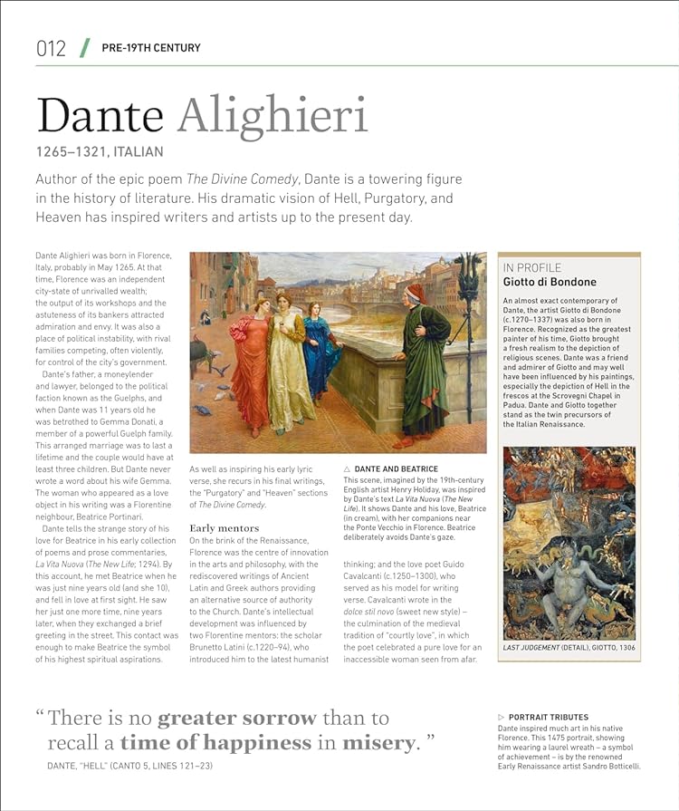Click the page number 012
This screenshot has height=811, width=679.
51,48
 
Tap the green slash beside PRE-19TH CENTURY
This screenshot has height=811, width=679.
84,47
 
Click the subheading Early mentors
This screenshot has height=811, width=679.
224,527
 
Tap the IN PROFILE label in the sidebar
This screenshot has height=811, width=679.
532,267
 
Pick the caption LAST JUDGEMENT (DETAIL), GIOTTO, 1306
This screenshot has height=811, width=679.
569,649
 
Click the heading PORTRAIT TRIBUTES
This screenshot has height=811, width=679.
548,718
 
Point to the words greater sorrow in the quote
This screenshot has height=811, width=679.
237,719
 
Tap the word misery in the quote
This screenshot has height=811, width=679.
379,743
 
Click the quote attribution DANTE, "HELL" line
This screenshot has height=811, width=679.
130,767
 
